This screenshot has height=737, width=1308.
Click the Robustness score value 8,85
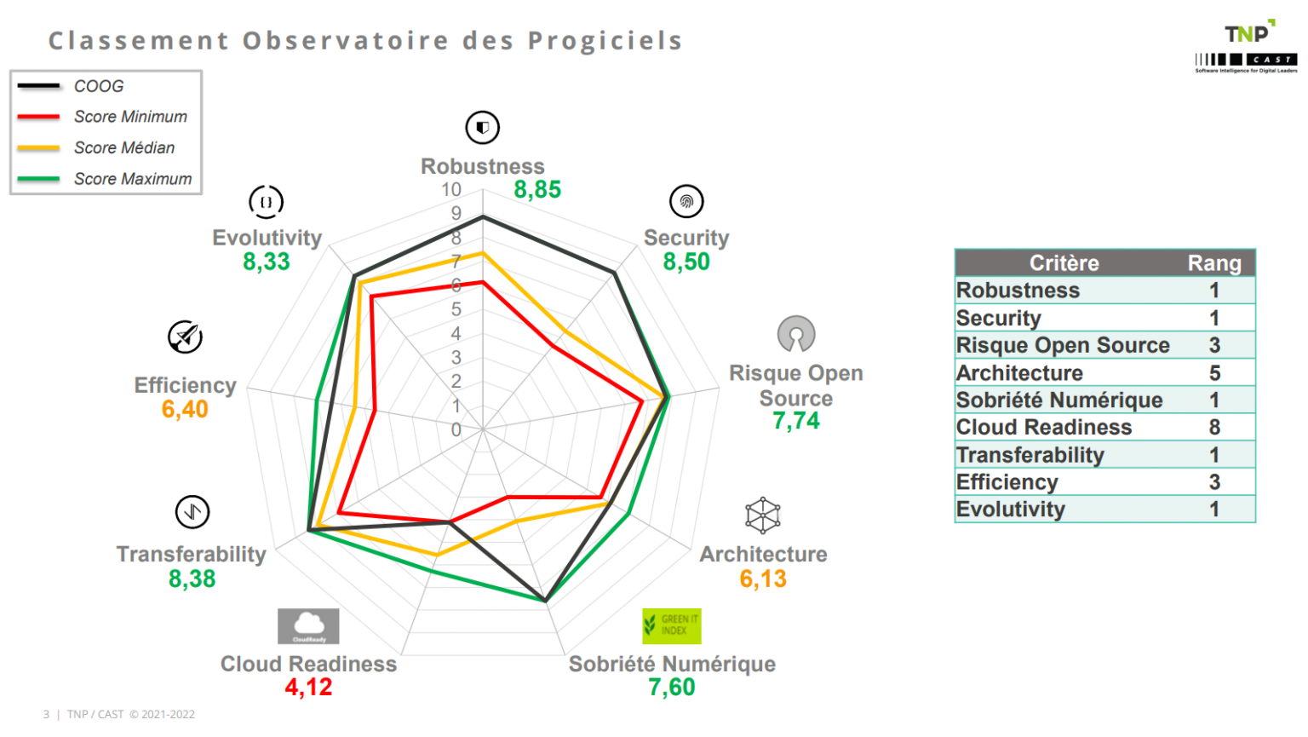(537, 189)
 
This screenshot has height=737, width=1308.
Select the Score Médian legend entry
(124, 147)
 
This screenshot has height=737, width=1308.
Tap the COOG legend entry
(99, 86)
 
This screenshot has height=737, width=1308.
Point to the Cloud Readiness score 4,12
(308, 687)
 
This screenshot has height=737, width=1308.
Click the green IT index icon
(671, 625)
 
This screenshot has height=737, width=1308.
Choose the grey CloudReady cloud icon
(308, 625)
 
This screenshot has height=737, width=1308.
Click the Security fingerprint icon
(686, 202)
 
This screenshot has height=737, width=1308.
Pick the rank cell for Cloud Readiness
(1214, 427)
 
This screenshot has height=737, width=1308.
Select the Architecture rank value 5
(1214, 372)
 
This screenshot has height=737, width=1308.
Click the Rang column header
(1214, 263)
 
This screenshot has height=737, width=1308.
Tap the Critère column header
(1064, 263)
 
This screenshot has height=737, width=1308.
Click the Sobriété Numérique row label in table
(1059, 400)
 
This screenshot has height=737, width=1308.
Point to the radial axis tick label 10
(451, 190)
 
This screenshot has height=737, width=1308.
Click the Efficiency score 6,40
(185, 409)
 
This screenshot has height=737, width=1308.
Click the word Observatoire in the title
(345, 41)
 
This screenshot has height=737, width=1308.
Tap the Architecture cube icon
(763, 515)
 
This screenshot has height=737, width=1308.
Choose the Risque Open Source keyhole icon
(796, 334)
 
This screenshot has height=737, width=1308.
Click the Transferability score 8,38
(192, 579)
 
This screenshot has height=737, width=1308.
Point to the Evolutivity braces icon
(266, 202)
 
